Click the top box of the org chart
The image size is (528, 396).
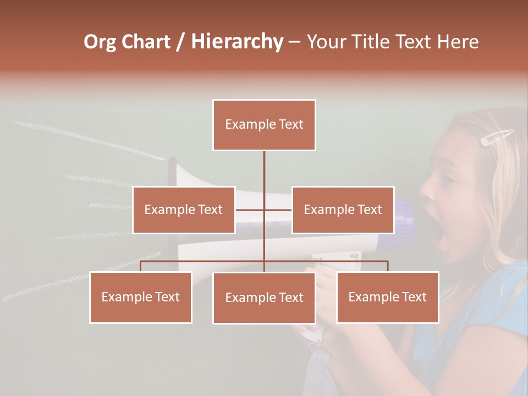tap(264, 125)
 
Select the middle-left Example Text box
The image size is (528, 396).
tap(184, 210)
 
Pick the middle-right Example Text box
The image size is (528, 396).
tap(343, 210)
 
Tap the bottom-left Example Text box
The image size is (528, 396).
tap(141, 297)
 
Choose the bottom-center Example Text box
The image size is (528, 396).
tap(264, 298)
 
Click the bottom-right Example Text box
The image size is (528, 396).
tap(387, 297)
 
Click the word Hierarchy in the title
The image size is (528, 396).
tap(237, 42)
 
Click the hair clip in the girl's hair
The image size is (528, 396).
tap(497, 137)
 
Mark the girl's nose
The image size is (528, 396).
tap(426, 190)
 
